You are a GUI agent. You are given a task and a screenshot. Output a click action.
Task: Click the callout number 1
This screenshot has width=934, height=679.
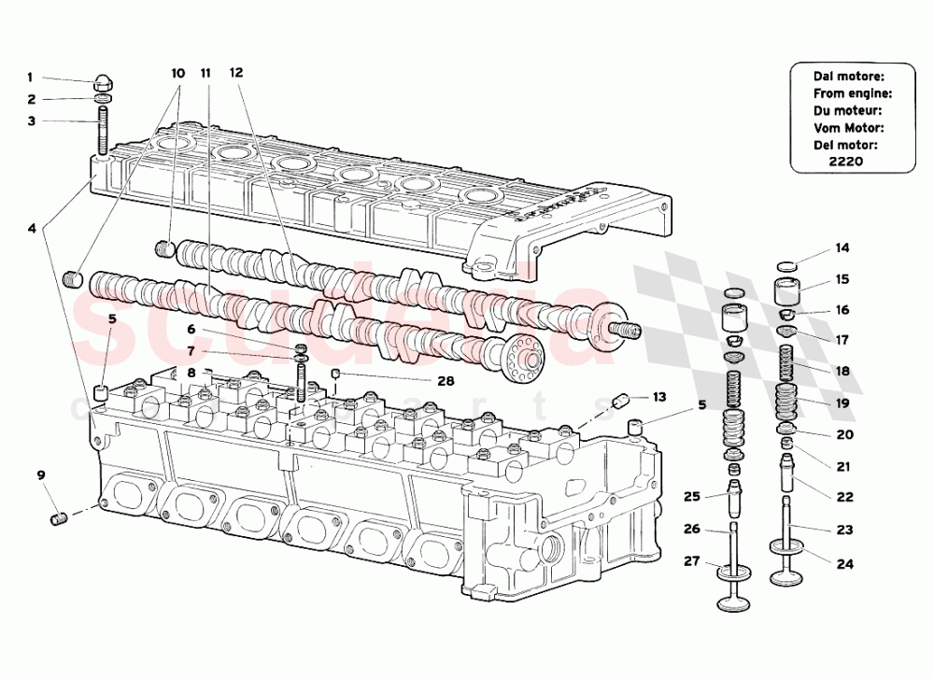coord(29,78)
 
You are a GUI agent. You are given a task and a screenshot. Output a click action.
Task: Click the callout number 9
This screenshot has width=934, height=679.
coord(40,475)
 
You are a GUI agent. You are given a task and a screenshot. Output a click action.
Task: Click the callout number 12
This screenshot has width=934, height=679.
coord(235,72)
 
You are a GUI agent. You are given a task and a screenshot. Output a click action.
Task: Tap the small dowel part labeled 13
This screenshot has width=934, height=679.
coord(618,403)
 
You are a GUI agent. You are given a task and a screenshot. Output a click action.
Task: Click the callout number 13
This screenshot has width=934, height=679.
coord(659,397)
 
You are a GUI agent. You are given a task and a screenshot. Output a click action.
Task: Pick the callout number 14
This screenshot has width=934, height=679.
coord(842,248)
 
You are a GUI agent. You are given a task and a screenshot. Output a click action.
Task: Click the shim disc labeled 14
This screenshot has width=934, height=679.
coord(788,265)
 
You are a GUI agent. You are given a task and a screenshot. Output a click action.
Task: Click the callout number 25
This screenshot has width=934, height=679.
coord(690,496)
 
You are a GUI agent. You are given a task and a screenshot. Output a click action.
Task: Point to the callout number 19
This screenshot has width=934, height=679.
coord(842,403)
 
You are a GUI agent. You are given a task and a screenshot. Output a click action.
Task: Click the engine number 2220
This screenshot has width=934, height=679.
coord(845,161)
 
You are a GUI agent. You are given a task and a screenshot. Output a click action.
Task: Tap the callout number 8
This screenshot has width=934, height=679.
coord(191,373)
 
